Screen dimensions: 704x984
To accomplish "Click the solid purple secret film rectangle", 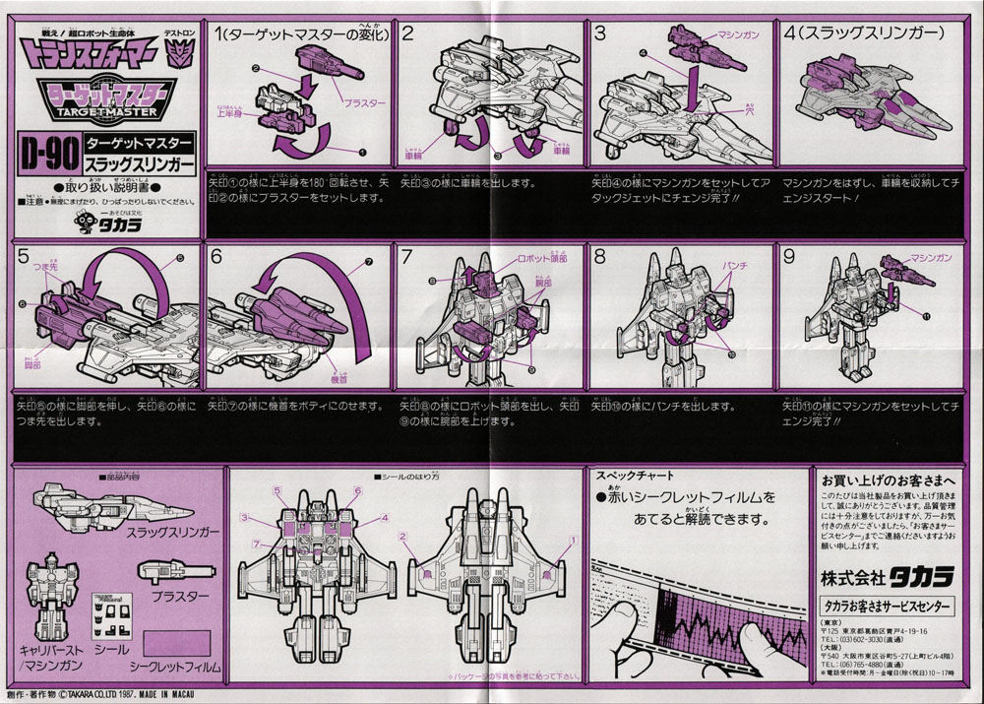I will pyautogui.click(x=178, y=642).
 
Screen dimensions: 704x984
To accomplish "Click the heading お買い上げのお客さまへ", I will pyautogui.click(x=889, y=478).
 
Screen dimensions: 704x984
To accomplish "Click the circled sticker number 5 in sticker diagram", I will pyautogui.click(x=278, y=490).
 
